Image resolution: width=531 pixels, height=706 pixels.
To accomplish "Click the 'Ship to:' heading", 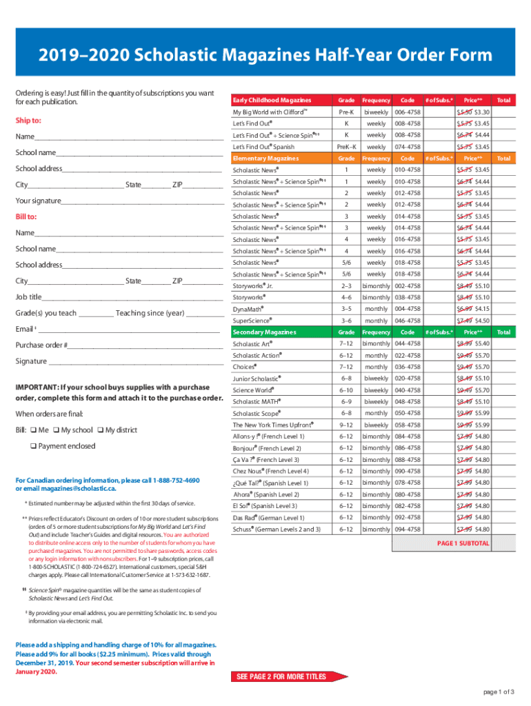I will click(28, 121).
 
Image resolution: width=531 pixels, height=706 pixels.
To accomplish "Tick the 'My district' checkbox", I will click(101, 430).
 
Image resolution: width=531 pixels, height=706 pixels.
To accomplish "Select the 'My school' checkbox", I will click(56, 430).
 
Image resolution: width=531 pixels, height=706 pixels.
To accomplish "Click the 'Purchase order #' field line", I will click(145, 345).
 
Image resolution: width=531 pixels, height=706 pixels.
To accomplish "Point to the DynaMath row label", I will click(248, 309).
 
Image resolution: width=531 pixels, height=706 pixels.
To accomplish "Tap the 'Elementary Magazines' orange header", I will click(266, 159).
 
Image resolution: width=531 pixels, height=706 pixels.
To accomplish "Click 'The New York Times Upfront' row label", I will click(274, 425).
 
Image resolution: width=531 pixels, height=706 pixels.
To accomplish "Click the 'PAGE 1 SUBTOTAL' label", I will click(463, 543).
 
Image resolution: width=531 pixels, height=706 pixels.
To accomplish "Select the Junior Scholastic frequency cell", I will click(376, 379).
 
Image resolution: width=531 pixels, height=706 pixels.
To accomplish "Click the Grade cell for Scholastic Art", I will click(345, 343).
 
